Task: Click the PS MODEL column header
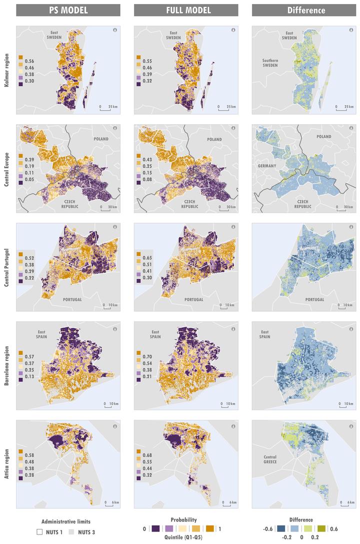click(68, 10)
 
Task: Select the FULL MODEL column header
click(186, 10)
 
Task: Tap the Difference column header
click(303, 10)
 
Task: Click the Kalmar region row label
click(6, 71)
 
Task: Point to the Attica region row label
click(6, 464)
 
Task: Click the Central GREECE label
click(273, 459)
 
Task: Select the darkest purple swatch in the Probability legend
click(155, 528)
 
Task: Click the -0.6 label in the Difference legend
click(268, 528)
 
